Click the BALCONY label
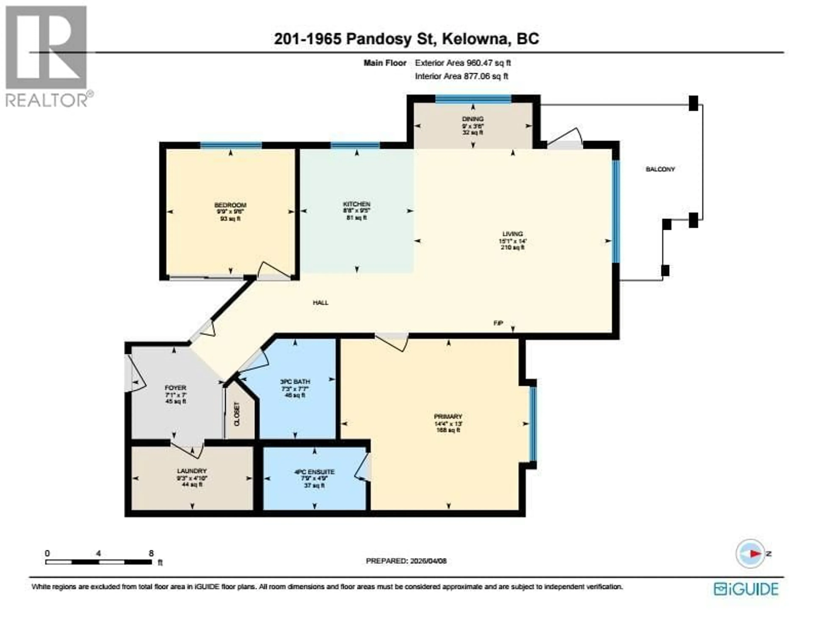660,169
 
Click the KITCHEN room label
356,204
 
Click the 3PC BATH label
295,382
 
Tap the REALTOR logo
47,56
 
